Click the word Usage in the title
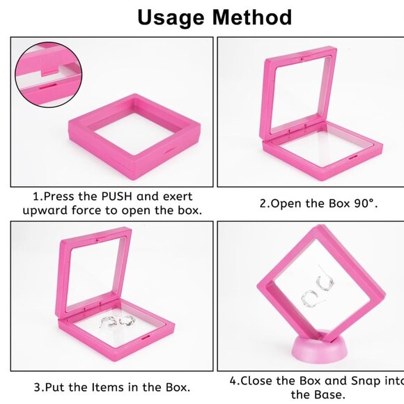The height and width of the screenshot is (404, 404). tap(170, 17)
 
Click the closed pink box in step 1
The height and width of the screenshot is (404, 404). tap(135, 132)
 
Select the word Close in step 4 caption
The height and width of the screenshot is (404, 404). tap(258, 381)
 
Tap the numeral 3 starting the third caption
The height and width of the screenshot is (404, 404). tap(37, 387)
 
